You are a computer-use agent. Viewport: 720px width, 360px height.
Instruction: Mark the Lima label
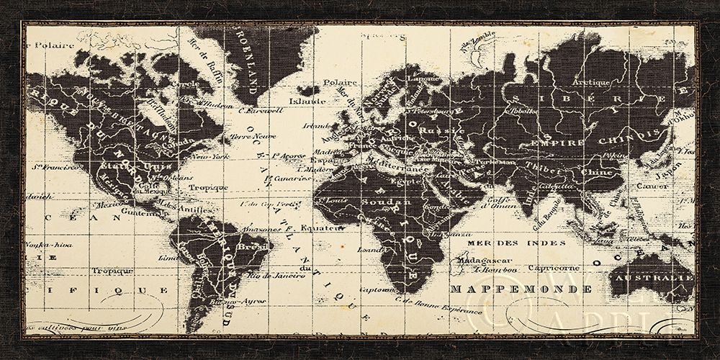pyautogui.click(x=165, y=257)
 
